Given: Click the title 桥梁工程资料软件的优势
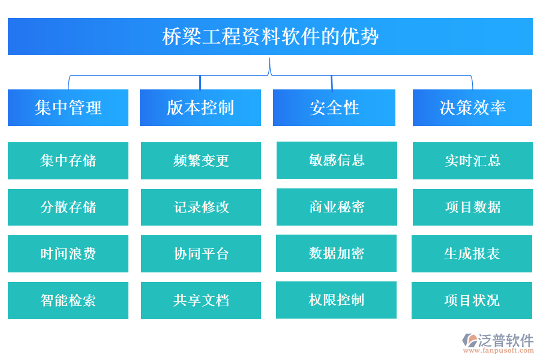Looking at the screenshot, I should click(270, 37).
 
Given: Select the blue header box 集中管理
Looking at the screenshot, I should click(68, 108).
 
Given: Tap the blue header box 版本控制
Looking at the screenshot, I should click(200, 108).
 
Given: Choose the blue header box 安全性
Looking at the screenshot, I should click(334, 108).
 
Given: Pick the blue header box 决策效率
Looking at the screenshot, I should click(472, 108).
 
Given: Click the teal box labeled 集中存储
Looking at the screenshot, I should click(68, 161).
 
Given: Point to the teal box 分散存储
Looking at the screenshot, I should click(68, 207).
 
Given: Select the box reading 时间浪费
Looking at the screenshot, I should click(68, 254).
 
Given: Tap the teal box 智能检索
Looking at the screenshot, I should click(68, 300).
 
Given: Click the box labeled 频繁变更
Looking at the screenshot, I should click(201, 161).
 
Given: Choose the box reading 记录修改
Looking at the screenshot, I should click(201, 207).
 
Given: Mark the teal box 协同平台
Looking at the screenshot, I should click(201, 254).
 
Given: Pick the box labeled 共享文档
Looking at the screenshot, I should click(201, 300).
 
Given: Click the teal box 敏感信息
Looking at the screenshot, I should click(337, 160).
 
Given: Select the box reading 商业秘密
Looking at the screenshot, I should click(337, 207).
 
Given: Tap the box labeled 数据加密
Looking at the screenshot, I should click(336, 253).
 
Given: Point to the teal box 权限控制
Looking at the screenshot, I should click(336, 300).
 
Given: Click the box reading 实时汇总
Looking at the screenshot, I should click(472, 161).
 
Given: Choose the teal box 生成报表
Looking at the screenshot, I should click(472, 254).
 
